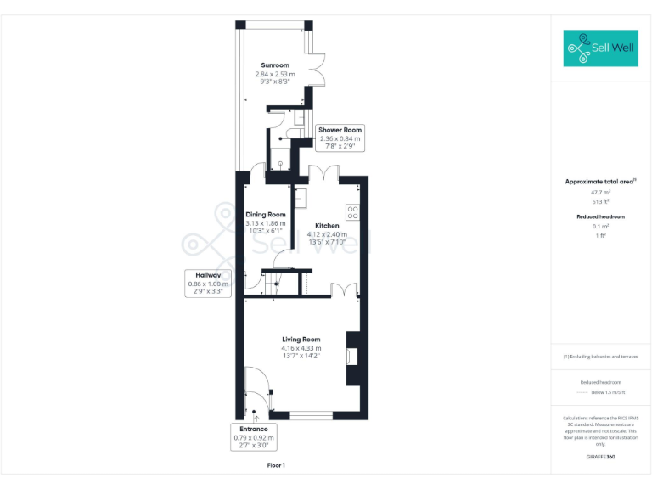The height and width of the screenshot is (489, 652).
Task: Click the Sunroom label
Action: (x=275, y=65)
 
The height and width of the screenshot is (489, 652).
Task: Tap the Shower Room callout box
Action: (x=340, y=138)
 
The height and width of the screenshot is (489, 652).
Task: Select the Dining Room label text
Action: (x=265, y=215)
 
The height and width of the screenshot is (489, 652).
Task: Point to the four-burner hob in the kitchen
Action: (x=352, y=211)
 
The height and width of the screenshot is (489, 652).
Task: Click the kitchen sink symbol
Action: (x=301, y=197)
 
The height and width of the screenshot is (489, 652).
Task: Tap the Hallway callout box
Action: (x=208, y=284)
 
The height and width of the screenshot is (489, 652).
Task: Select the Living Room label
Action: (x=301, y=340)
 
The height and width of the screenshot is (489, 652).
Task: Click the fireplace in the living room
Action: (x=353, y=357)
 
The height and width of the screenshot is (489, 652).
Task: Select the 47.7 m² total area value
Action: (x=600, y=193)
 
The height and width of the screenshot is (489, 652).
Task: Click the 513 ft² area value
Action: (x=600, y=201)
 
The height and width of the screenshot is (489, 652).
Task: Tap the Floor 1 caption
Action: (x=276, y=465)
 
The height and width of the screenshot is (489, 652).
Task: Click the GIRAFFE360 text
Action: (x=600, y=458)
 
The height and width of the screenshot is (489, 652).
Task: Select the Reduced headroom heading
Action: (x=600, y=217)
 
